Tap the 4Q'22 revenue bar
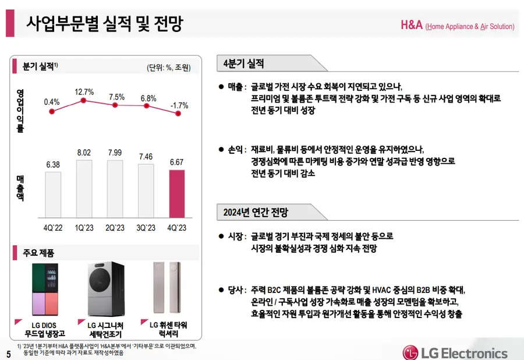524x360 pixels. point(52,196)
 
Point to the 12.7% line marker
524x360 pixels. point(84,101)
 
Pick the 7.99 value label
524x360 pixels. point(115,153)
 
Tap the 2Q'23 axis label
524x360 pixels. point(115,228)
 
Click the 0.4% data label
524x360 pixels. point(52,102)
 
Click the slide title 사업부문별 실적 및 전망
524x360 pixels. point(105,24)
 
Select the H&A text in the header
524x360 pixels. point(412,25)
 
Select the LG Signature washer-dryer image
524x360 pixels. point(105,289)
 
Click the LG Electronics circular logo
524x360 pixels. point(412,352)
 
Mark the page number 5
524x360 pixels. point(8,354)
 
